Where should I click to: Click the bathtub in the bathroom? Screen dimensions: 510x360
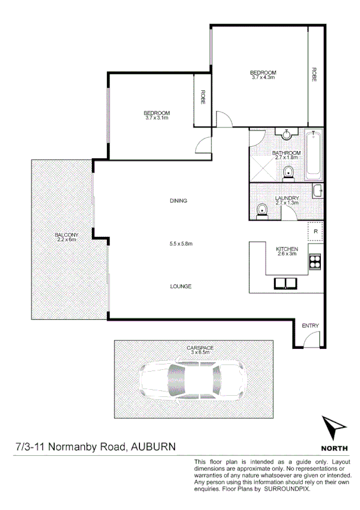[x=313, y=155]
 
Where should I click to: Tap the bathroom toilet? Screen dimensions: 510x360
[x=289, y=173]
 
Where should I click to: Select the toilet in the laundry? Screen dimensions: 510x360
[x=262, y=210]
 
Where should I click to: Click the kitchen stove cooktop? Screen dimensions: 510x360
[x=314, y=260]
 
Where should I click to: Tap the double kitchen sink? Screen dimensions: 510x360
[x=287, y=283]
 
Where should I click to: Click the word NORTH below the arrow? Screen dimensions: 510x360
[x=333, y=448]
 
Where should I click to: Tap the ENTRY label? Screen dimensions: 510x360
[x=310, y=326]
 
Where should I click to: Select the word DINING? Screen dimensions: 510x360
[x=179, y=201]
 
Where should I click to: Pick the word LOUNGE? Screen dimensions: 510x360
[x=180, y=286]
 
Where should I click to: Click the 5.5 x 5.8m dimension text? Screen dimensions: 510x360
[x=180, y=244]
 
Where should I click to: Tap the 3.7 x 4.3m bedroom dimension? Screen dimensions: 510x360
[x=263, y=78]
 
